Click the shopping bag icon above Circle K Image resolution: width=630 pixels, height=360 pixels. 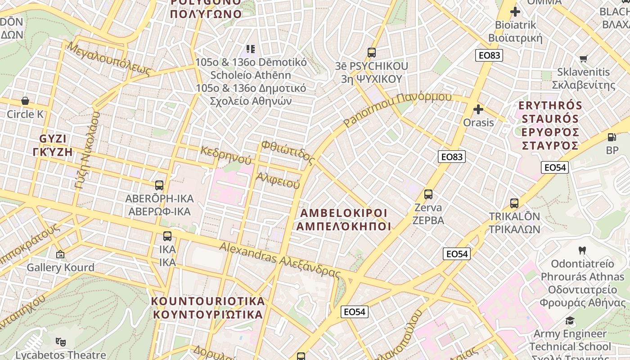(x=25, y=100)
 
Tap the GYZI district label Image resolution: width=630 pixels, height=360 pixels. (x=53, y=144)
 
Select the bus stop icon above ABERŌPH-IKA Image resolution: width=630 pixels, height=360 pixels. (x=159, y=185)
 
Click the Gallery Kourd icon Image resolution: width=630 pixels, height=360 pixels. (x=60, y=254)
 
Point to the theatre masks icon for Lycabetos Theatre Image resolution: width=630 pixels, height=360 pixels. (x=61, y=342)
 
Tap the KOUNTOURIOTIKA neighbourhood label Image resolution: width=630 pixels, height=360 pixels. (x=208, y=307)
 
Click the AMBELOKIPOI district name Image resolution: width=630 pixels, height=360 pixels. (x=343, y=219)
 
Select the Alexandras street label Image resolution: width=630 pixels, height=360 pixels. (x=279, y=260)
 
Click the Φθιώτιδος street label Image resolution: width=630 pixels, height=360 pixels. (x=288, y=152)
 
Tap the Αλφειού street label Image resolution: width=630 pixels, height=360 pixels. (x=278, y=180)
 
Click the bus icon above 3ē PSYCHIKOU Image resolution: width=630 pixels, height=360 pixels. (x=371, y=53)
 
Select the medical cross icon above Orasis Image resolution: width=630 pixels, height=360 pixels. (x=478, y=109)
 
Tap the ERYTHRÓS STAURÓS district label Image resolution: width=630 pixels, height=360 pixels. (x=550, y=125)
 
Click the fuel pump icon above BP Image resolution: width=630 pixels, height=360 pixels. (x=612, y=137)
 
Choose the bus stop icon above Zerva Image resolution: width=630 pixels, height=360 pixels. (x=428, y=194)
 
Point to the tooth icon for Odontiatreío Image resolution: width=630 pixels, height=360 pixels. (x=582, y=250)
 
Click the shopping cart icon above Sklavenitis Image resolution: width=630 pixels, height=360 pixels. (x=584, y=58)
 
